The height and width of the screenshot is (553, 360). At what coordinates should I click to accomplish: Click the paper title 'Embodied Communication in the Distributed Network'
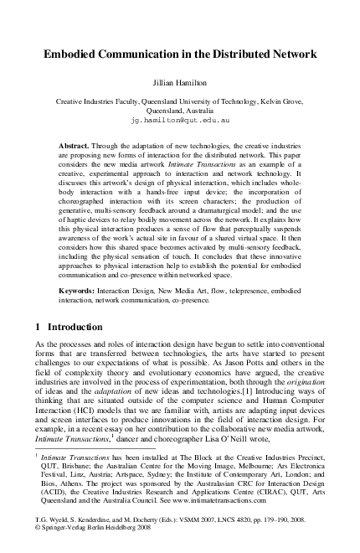(x=180, y=54)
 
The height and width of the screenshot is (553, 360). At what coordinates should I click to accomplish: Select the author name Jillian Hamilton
(x=180, y=84)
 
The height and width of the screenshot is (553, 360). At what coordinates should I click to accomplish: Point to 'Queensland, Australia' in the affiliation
(x=180, y=110)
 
